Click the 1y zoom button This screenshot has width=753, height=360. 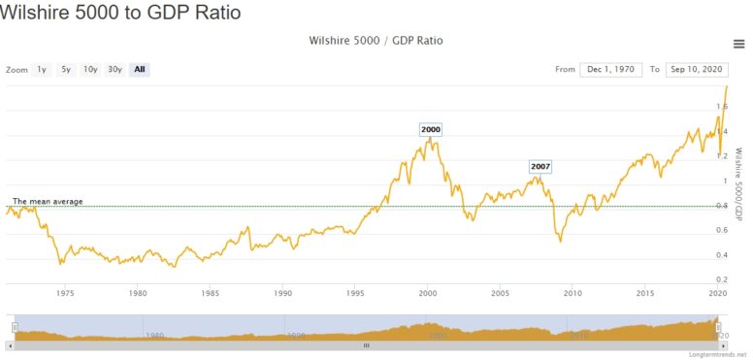click(42, 70)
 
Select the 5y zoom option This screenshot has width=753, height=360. click(66, 70)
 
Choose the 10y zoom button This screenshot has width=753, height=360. click(90, 70)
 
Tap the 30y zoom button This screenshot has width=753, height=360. click(115, 70)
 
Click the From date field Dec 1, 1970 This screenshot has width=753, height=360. click(611, 70)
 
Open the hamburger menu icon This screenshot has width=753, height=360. click(739, 44)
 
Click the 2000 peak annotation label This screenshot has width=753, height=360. click(431, 130)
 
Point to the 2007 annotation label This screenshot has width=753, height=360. click(540, 167)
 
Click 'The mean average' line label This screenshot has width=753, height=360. click(47, 201)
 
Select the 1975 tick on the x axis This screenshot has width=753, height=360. click(66, 292)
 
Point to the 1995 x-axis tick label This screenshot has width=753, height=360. click(355, 292)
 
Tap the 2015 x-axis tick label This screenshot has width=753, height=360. click(644, 292)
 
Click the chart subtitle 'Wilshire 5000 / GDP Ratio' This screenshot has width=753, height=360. click(368, 41)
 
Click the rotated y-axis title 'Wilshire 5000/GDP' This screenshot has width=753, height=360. click(738, 185)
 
